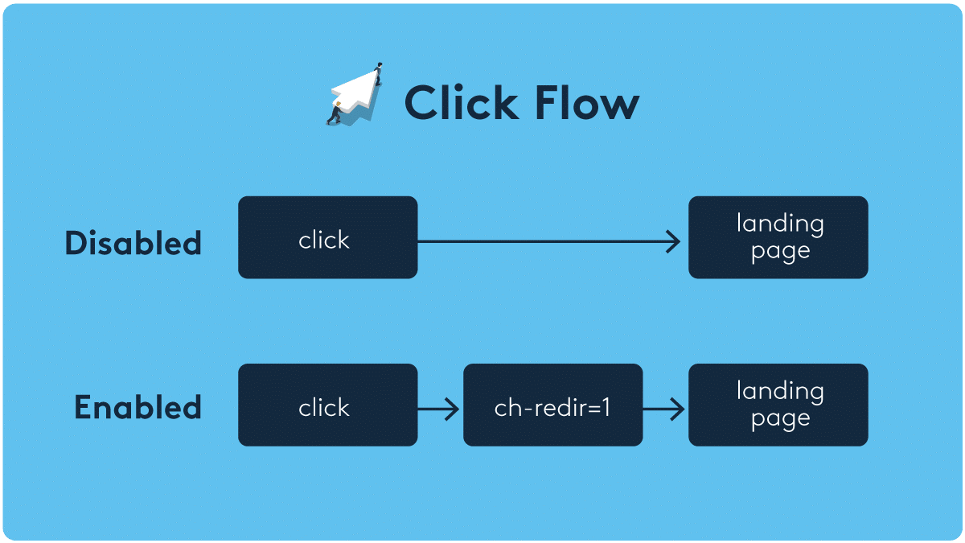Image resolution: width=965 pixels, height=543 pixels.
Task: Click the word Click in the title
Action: [x=461, y=103]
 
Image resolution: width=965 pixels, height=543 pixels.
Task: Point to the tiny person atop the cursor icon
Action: [x=379, y=72]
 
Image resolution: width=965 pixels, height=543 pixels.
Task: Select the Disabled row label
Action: [x=133, y=243]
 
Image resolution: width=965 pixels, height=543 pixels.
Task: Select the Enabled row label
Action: [x=138, y=407]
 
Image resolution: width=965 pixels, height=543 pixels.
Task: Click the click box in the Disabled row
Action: [x=327, y=238]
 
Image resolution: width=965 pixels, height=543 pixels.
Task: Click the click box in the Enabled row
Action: [x=327, y=405]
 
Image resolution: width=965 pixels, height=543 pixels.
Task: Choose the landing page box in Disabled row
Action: [x=778, y=237]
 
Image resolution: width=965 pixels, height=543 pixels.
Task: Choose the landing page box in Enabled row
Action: [x=778, y=405]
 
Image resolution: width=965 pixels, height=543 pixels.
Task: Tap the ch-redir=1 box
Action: [x=552, y=405]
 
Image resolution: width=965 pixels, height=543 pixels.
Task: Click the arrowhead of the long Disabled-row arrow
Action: [x=675, y=241]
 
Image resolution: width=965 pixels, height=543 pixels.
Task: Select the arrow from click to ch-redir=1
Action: [x=439, y=409]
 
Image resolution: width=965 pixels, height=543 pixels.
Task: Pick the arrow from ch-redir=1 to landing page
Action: [x=664, y=409]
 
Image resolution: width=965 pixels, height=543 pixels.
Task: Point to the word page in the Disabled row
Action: [x=780, y=252]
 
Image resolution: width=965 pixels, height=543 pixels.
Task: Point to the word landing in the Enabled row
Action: [x=780, y=392]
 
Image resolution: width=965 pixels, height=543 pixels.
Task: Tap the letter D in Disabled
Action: [x=76, y=243]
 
